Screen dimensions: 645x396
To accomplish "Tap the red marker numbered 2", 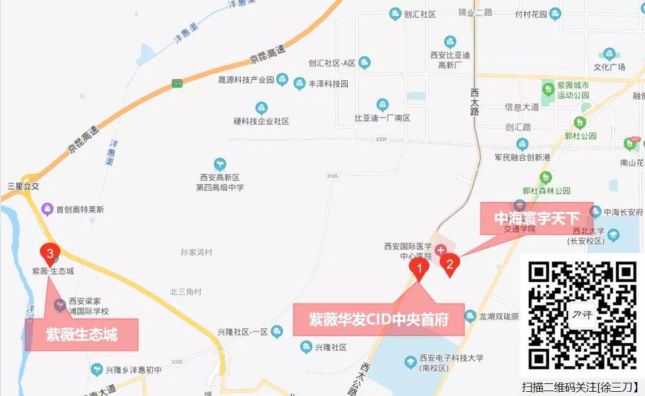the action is pyautogui.click(x=449, y=264).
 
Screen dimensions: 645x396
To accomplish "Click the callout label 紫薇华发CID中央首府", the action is pyautogui.click(x=379, y=319).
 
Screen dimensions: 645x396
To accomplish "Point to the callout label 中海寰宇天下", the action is pyautogui.click(x=537, y=218).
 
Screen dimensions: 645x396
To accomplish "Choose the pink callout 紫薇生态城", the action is pyautogui.click(x=82, y=334).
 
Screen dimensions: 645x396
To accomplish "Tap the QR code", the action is pyautogui.click(x=582, y=315).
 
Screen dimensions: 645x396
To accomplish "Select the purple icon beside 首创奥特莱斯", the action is pyautogui.click(x=48, y=209).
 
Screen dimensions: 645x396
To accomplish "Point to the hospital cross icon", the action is pyautogui.click(x=441, y=249).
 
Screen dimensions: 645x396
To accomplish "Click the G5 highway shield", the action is pyautogui.click(x=177, y=83).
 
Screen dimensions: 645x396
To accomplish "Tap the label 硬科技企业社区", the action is pyautogui.click(x=262, y=121).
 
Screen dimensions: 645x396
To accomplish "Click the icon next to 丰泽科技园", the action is pyautogui.click(x=300, y=84).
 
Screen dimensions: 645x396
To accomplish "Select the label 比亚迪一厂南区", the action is pyautogui.click(x=382, y=118).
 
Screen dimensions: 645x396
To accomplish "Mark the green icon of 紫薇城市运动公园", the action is pyautogui.click(x=548, y=90).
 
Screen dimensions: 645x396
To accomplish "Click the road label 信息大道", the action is pyautogui.click(x=522, y=107).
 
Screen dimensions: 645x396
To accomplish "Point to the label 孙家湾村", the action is pyautogui.click(x=196, y=252).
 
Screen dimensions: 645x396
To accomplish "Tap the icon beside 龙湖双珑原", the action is pyautogui.click(x=470, y=316).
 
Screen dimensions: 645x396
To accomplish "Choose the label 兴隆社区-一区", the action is pyautogui.click(x=242, y=332).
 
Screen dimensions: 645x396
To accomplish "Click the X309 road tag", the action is pyautogui.click(x=380, y=139).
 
